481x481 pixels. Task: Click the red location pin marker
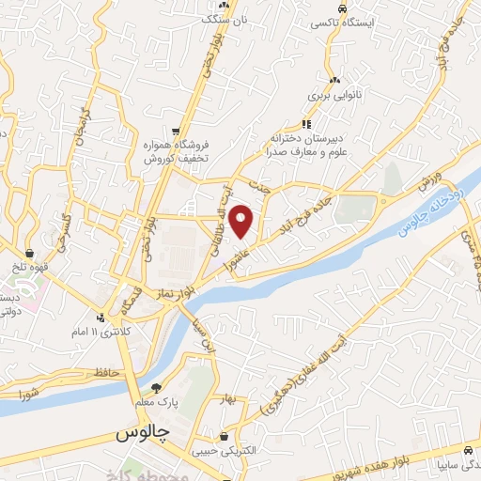[x=241, y=222]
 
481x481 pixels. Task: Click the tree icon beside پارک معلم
[x=157, y=387]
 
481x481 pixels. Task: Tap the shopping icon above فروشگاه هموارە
[x=176, y=131]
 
